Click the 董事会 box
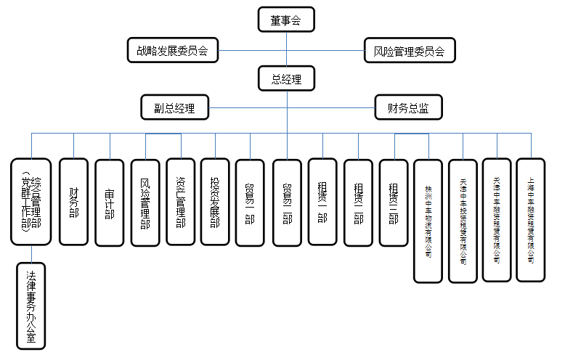click(286, 20)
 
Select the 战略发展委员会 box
click(172, 51)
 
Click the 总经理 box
click(286, 78)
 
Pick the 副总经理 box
click(174, 108)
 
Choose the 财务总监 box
click(403, 108)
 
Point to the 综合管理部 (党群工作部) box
click(31, 202)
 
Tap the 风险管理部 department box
click(145, 202)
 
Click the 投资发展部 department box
click(215, 202)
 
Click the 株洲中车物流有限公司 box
click(428, 221)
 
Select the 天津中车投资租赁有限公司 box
click(463, 221)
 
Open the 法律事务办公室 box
click(31, 306)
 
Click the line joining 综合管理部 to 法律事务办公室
click(31, 253)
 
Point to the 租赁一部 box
click(322, 202)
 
